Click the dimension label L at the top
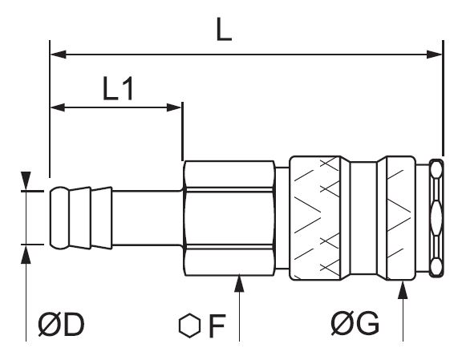pos(224,29)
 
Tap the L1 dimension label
pos(118,88)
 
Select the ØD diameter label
pos(61,325)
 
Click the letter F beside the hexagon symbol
pos(217,326)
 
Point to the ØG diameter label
pos(355,323)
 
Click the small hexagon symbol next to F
pos(190,326)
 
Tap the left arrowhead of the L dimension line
pos(58,55)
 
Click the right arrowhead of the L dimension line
pos(435,55)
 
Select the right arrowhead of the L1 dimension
pos(174,107)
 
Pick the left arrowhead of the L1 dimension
pos(58,107)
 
